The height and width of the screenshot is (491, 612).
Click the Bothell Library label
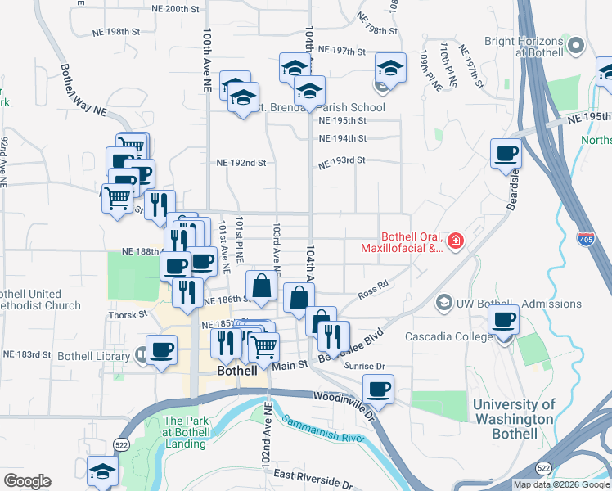(x=94, y=356)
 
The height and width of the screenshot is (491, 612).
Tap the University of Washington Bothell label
(x=514, y=412)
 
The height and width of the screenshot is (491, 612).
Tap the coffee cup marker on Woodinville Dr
(x=378, y=390)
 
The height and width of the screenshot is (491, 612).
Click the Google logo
(x=27, y=481)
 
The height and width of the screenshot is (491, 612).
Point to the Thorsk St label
(x=127, y=314)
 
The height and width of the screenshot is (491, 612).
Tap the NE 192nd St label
(x=242, y=163)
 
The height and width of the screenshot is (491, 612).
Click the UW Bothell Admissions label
(x=506, y=303)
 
